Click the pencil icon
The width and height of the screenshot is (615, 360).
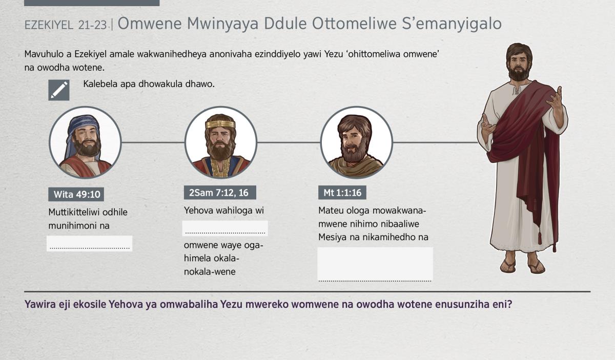pos(59,90)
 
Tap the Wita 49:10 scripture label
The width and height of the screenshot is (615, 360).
pos(76,194)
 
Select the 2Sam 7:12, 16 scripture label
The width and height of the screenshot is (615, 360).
pos(220,193)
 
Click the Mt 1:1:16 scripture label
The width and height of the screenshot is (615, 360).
pos(342,193)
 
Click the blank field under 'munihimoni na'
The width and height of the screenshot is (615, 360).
pos(90,243)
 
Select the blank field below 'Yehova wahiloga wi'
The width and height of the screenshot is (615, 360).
pos(225,228)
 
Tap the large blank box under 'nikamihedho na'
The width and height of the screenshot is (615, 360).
pos(375,265)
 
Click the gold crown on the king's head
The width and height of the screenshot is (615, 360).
pos(220,124)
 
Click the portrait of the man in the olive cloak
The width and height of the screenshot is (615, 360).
pos(356,142)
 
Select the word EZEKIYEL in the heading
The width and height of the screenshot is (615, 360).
pos(49,25)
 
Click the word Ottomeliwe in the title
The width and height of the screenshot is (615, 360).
pos(354,24)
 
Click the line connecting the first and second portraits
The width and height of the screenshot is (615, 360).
pos(153,142)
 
